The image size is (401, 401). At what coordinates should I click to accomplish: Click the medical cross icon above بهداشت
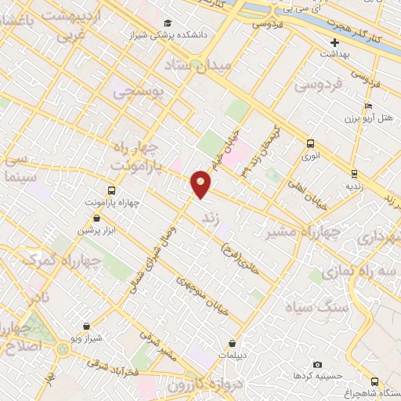(335, 42)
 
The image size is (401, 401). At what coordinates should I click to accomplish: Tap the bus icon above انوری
(311, 143)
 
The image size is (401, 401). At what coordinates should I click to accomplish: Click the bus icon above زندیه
(354, 174)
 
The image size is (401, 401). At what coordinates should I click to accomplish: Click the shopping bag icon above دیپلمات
(233, 343)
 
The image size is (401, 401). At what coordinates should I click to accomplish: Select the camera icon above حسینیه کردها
(317, 365)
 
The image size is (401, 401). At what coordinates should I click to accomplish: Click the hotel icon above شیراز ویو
(85, 325)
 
